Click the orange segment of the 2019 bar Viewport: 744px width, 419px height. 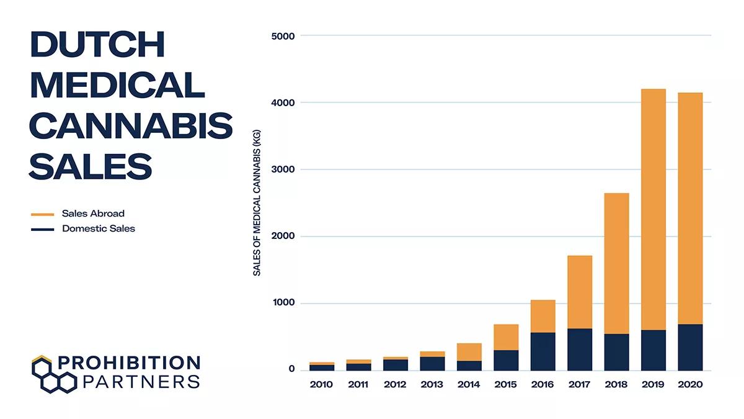coord(653,209)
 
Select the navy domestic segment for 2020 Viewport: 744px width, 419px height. coord(690,347)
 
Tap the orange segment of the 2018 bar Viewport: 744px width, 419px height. coord(616,263)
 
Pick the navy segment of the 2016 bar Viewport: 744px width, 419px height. coord(542,351)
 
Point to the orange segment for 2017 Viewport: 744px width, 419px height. coord(580,292)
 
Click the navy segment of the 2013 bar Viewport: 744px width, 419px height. coord(432,363)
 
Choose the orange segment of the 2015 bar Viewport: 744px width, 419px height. coord(506,337)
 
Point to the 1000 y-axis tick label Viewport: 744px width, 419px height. coord(283,304)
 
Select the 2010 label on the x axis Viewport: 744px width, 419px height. coord(321,385)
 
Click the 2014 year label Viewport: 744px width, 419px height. coord(469,385)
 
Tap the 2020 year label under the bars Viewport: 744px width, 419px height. coord(690,385)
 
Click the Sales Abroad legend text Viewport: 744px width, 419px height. coord(93,214)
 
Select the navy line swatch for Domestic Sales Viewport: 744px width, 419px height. coord(43,229)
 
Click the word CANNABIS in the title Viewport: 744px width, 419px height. coord(131,126)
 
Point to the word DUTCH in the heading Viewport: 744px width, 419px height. coord(98,45)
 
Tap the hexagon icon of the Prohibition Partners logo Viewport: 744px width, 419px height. coord(53,374)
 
